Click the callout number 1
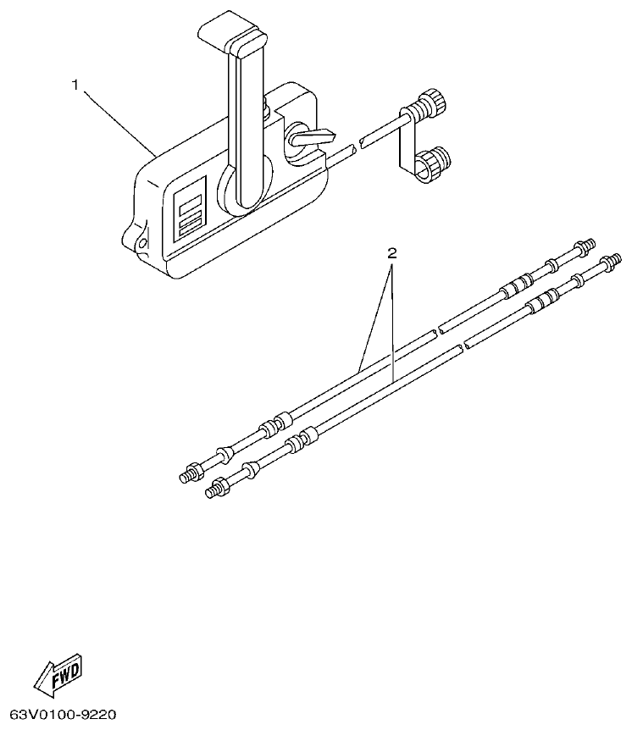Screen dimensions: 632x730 click(x=76, y=85)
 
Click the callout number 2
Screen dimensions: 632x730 click(x=391, y=252)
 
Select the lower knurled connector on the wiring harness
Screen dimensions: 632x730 click(x=436, y=161)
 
